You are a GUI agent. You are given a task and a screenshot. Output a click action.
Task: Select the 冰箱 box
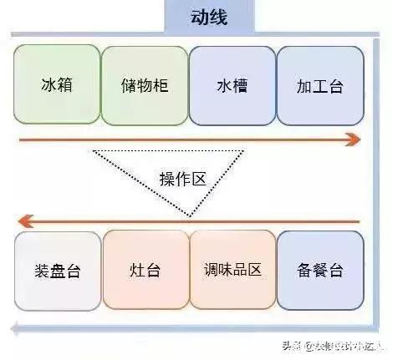point(57,85)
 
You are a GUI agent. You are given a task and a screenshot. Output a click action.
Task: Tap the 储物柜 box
point(145,85)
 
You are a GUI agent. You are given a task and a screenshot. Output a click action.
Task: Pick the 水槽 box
point(232,85)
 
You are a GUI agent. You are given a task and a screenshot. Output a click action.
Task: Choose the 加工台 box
point(320,85)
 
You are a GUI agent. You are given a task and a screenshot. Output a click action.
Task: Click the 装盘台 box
point(57,270)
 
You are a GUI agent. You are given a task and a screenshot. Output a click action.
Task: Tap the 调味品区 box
point(232,270)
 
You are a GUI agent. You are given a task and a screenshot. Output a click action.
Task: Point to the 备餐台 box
point(320,270)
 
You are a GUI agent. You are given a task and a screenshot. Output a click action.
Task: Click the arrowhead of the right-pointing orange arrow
point(355,140)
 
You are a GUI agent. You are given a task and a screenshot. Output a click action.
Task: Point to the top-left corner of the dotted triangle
point(94,151)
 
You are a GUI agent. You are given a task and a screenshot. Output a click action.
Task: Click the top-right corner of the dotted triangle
point(243,151)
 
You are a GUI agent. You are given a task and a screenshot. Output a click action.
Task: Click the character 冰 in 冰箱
point(48,85)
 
